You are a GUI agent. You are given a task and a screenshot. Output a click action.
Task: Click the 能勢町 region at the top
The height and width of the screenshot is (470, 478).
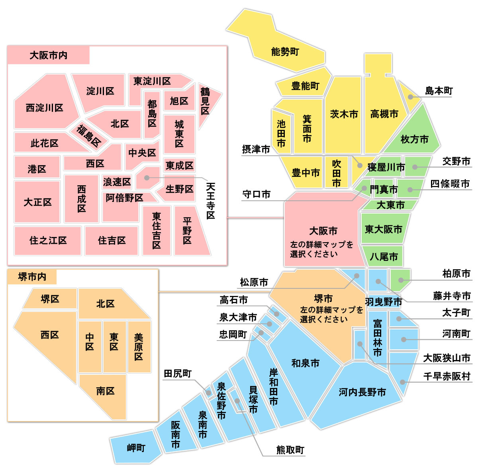coord(284,52)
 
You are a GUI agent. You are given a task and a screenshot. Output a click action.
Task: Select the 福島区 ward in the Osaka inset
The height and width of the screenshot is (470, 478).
coord(88,135)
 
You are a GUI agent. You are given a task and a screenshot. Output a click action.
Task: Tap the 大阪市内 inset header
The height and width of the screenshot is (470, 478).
coord(48,55)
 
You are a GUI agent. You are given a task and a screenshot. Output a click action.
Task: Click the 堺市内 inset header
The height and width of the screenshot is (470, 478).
coord(32,277)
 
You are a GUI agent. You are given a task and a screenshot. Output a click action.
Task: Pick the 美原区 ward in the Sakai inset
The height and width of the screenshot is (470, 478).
coord(138,347)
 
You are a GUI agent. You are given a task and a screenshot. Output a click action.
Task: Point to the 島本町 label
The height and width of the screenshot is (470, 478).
coord(439,91)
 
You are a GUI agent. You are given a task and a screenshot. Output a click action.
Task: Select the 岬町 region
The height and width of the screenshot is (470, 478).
coord(136,448)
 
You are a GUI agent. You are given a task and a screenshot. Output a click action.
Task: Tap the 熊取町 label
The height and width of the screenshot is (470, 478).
coord(290,450)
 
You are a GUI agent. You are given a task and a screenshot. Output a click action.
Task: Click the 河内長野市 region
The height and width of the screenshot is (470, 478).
coord(362,392)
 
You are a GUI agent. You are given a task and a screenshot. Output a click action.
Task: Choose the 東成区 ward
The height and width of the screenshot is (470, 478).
coord(179,165)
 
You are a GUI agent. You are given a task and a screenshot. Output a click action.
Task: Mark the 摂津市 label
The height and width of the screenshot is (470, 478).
coord(256,149)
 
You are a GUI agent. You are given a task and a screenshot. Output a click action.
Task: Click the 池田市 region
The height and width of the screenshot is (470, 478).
coord(281,133)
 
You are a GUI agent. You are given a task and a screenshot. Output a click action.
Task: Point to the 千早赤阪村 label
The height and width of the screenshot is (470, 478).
coord(447,376)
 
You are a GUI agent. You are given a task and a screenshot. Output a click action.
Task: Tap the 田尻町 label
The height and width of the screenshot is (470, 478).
coord(178,374)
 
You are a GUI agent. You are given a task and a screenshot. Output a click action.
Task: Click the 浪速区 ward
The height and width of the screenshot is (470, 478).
coord(117,182)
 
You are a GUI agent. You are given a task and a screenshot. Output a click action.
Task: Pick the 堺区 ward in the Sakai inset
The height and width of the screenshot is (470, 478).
coord(50,299)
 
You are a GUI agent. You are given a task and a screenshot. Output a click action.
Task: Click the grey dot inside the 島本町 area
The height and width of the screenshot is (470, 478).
coord(410,97)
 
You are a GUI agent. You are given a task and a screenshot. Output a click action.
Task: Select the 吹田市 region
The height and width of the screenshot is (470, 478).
coord(337,173)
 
